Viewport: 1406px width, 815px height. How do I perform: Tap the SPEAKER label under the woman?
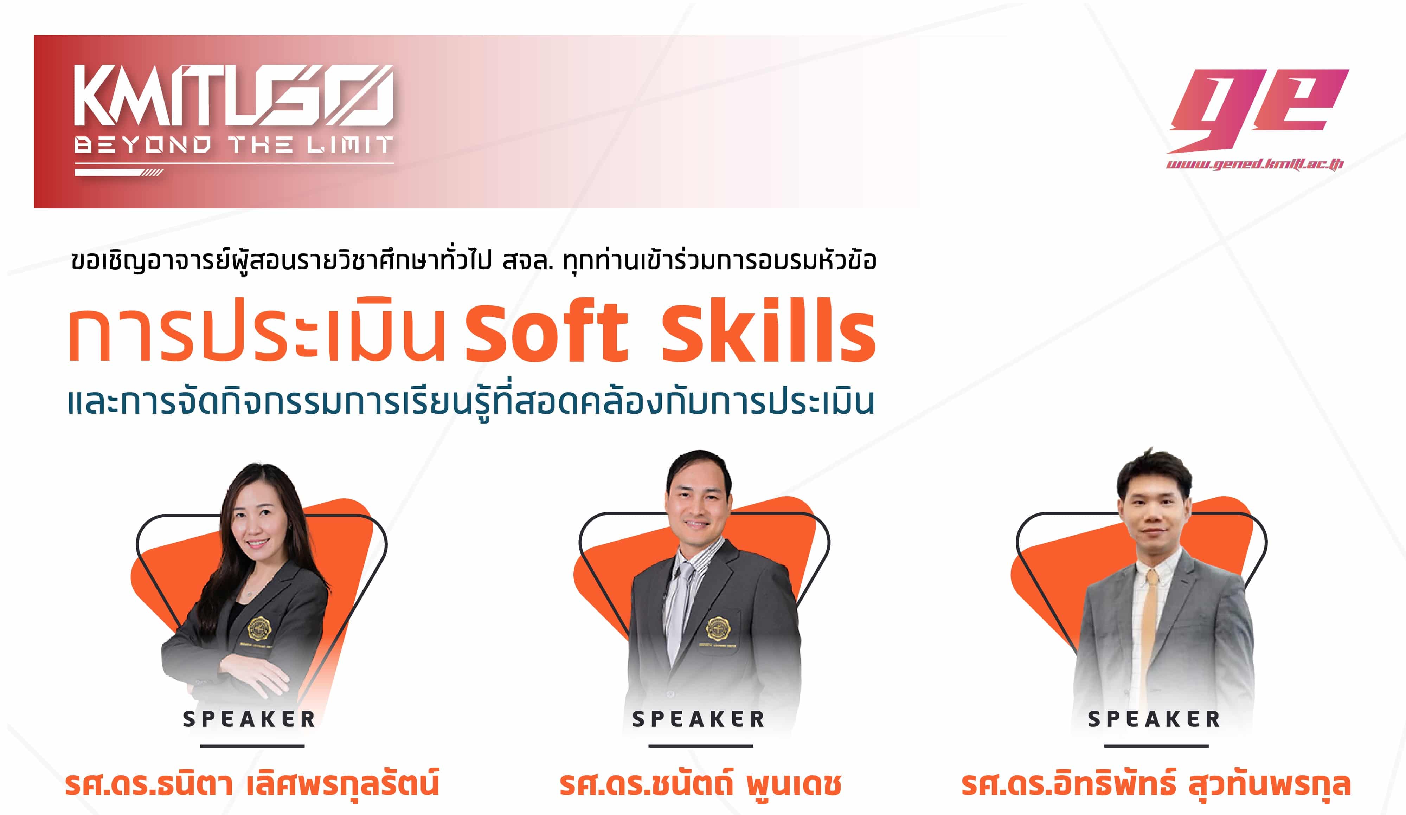[x=249, y=719]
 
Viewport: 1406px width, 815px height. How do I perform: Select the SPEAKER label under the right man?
[x=1154, y=719]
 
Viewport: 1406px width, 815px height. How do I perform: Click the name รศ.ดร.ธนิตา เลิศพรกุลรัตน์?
[x=252, y=783]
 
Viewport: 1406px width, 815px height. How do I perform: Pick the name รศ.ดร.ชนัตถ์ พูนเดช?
[x=701, y=783]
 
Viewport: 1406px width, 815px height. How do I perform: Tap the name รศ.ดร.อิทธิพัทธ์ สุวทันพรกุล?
[x=1155, y=783]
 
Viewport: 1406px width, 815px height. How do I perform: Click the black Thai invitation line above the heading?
[x=474, y=261]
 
